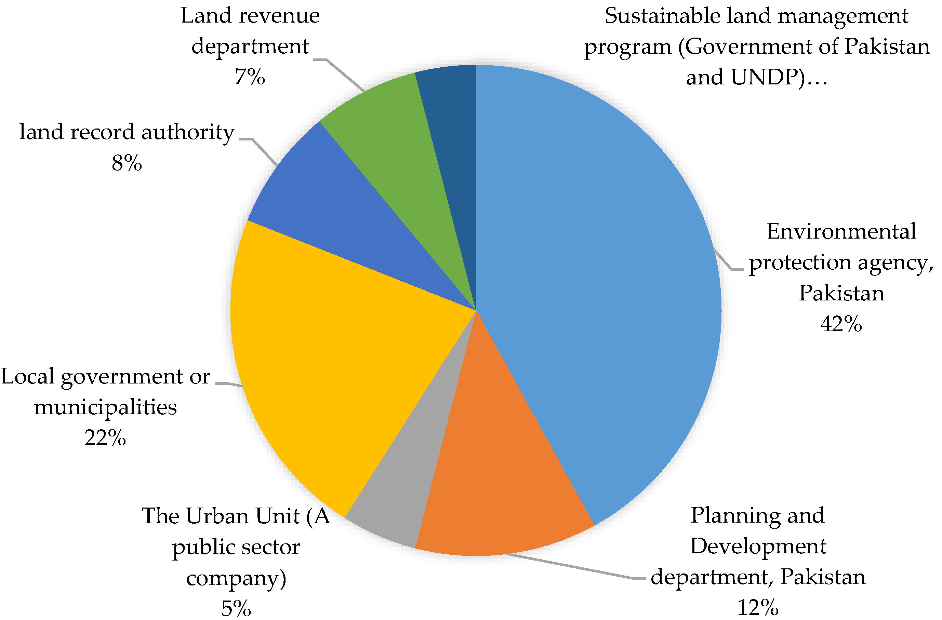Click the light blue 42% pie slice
tap(594, 277)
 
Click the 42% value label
tap(841, 324)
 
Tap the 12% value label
tap(758, 607)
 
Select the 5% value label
tap(236, 608)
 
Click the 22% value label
tap(105, 437)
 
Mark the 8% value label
tap(127, 163)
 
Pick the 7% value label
tap(249, 76)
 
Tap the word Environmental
tap(841, 231)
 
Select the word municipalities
tap(105, 407)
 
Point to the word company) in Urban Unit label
tap(236, 578)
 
